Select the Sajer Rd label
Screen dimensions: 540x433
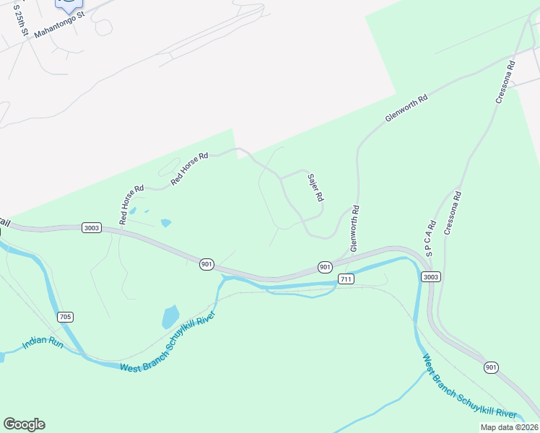(x=315, y=188)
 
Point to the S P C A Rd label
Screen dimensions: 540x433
(x=430, y=237)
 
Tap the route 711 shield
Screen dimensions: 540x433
(x=346, y=279)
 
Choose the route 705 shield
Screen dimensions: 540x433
(x=66, y=317)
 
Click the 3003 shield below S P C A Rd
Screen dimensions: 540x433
(x=431, y=276)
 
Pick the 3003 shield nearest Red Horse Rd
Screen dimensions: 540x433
(x=92, y=227)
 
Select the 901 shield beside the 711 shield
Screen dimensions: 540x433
(x=326, y=267)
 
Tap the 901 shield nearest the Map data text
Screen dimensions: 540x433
(x=491, y=367)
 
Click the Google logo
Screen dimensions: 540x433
(x=24, y=424)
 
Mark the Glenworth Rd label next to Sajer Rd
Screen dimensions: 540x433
(x=354, y=228)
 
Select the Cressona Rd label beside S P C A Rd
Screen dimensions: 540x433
(x=453, y=214)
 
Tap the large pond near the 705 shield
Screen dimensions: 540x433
(x=170, y=318)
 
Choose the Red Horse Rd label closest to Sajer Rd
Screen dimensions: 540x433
(x=188, y=168)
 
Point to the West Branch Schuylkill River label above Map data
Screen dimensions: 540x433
(x=469, y=387)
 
